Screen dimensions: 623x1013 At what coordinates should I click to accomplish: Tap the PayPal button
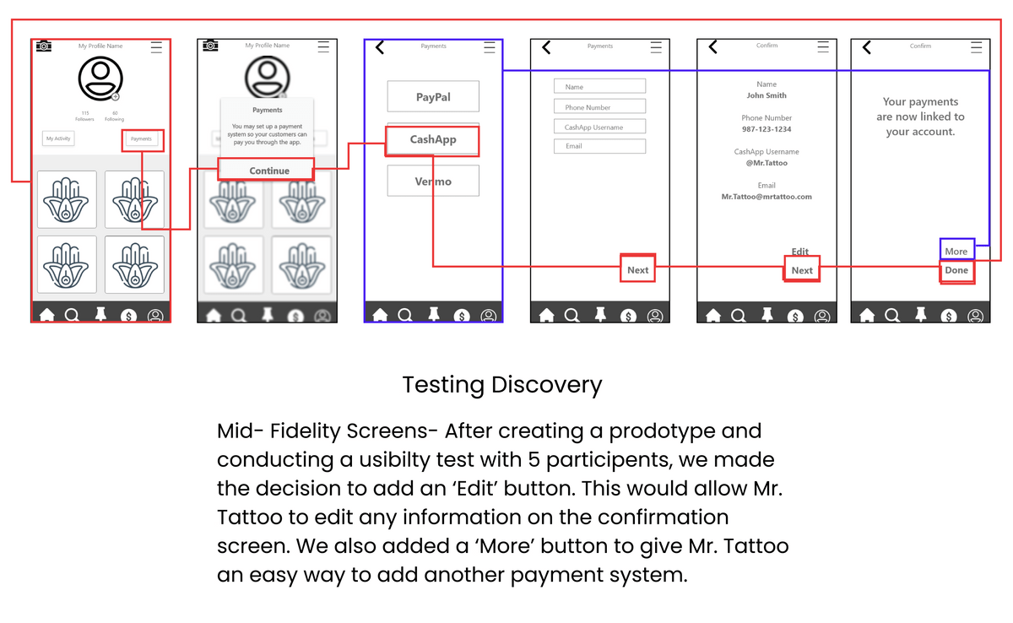[x=433, y=97]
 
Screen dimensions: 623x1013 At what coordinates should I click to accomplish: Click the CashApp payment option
[x=433, y=139]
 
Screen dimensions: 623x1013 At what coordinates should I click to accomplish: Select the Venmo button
[x=433, y=181]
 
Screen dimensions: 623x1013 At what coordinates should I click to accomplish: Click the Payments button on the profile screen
[x=141, y=138]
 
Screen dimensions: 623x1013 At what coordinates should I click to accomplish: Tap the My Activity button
[x=58, y=138]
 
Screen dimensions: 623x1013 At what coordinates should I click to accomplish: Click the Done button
[x=956, y=270]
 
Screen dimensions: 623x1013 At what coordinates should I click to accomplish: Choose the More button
[x=956, y=251]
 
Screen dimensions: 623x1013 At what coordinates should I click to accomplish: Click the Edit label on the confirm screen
[x=800, y=252]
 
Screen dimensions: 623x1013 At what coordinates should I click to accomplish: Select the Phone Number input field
[x=599, y=107]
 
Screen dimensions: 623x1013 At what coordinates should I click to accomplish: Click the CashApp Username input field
[x=599, y=127]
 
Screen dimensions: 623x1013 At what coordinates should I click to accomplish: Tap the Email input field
[x=599, y=146]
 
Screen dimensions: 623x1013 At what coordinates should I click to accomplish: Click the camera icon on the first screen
[x=44, y=46]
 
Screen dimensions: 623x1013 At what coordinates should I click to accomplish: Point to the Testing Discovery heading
[x=502, y=385]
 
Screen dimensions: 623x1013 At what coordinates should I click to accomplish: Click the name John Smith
[x=767, y=95]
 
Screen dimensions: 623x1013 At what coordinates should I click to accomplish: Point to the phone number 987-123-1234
[x=767, y=129]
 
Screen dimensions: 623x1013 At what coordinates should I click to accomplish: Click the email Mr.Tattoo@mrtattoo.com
[x=767, y=197]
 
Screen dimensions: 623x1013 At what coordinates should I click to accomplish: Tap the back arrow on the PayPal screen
[x=380, y=47]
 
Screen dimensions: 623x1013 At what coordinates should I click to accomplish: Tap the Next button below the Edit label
[x=802, y=270]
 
